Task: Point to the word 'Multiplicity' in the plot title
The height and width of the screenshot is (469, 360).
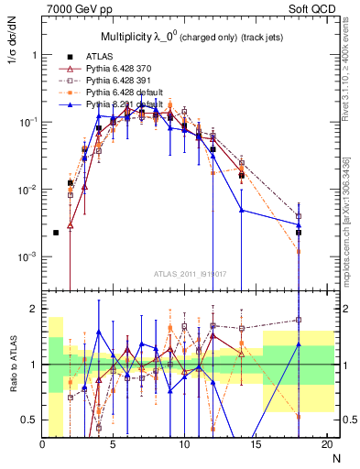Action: coord(125,36)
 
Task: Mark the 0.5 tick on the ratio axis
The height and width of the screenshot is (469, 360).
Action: coord(30,420)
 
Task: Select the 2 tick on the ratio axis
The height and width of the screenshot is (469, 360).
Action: coord(34,309)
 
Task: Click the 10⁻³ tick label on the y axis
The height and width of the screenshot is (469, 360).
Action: coord(27,257)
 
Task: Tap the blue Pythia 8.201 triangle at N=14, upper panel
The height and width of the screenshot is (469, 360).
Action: coord(241,210)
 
